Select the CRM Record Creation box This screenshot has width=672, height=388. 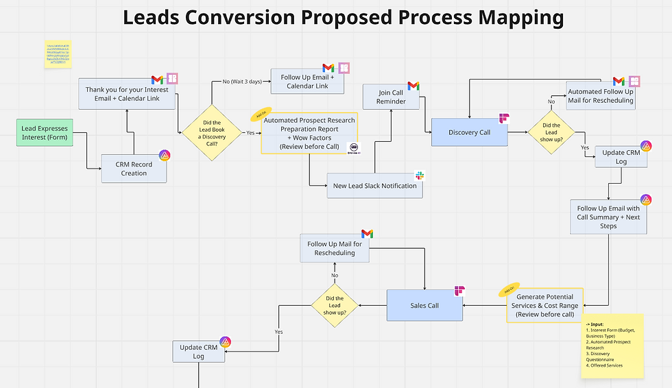click(x=134, y=169)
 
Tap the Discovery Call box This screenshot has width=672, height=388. click(x=469, y=132)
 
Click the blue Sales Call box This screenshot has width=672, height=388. click(x=424, y=305)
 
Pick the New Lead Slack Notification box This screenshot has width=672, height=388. click(x=374, y=186)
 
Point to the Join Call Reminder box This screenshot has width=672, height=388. click(x=392, y=97)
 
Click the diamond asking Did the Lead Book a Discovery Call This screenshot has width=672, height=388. click(x=211, y=132)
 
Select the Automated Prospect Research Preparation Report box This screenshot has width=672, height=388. click(x=309, y=133)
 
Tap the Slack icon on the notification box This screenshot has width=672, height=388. click(x=420, y=177)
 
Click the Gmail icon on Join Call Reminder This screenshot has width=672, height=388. click(x=413, y=86)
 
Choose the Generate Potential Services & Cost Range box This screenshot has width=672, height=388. click(x=547, y=306)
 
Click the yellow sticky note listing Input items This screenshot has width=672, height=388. click(x=612, y=345)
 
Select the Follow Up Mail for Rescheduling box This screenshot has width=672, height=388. click(x=335, y=248)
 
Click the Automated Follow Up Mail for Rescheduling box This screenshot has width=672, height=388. click(x=600, y=96)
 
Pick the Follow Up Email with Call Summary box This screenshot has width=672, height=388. click(x=608, y=217)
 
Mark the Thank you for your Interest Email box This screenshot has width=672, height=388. click(x=127, y=94)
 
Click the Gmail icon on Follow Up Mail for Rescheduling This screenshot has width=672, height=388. click(x=367, y=234)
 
